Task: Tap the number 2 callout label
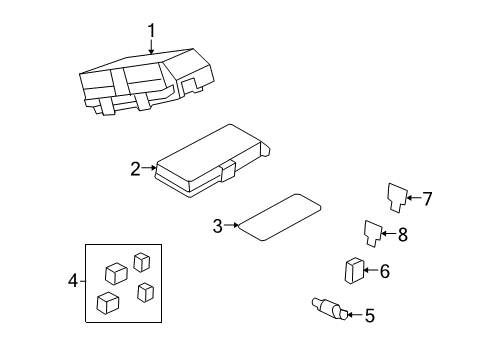pyautogui.click(x=136, y=169)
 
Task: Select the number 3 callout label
pyautogui.click(x=218, y=226)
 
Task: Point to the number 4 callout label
pyautogui.click(x=71, y=282)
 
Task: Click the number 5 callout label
pyautogui.click(x=369, y=316)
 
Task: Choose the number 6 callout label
pyautogui.click(x=384, y=270)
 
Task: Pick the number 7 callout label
pyautogui.click(x=426, y=199)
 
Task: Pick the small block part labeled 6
pyautogui.click(x=354, y=271)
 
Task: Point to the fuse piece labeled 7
pyautogui.click(x=396, y=197)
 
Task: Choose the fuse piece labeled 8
pyautogui.click(x=373, y=233)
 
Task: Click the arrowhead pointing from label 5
pyautogui.click(x=351, y=315)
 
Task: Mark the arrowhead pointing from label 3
pyautogui.click(x=235, y=226)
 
